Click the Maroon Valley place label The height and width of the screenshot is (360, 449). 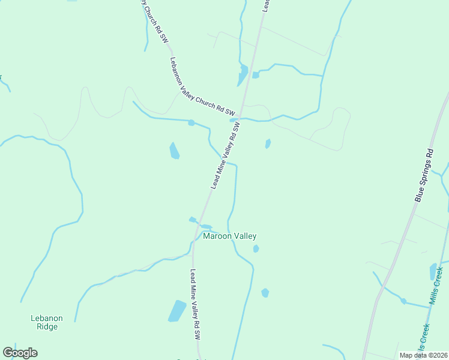click(230, 236)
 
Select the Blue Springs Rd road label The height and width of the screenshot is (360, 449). click(424, 175)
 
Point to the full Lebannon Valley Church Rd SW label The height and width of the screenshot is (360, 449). click(202, 86)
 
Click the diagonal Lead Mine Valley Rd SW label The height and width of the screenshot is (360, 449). click(226, 156)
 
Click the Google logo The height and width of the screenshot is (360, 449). click(20, 353)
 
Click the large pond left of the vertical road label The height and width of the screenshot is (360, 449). click(177, 311)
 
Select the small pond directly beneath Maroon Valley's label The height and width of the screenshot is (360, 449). click(256, 248)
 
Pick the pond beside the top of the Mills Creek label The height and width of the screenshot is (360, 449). click(433, 271)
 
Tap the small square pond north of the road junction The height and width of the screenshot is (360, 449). click(256, 75)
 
